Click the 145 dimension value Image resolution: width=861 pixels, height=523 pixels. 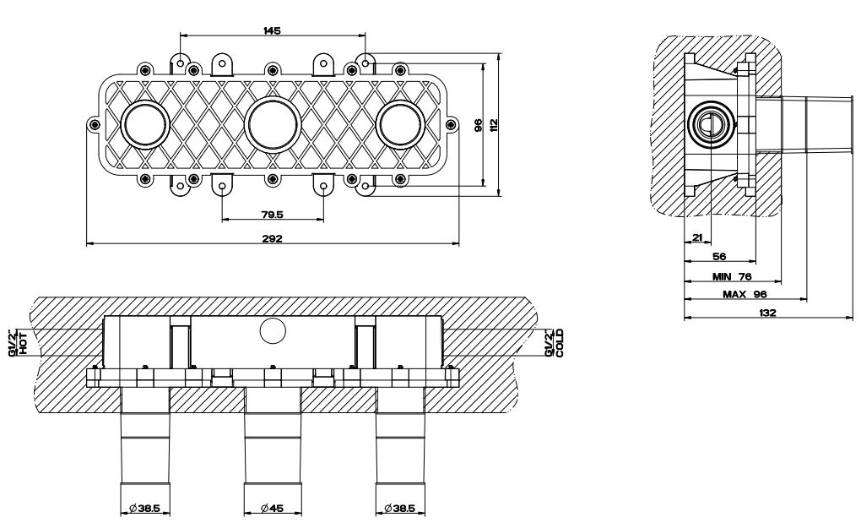272,30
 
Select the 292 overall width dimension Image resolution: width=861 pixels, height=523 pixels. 272,238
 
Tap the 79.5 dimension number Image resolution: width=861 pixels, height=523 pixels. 272,214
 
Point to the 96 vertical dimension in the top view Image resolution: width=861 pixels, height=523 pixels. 478,125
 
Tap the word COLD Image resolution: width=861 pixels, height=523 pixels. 559,343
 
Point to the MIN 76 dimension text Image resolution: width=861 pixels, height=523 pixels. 731,276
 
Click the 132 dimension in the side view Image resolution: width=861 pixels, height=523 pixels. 766,313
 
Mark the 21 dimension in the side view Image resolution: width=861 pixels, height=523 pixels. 697,238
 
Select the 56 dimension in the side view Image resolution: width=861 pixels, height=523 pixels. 719,258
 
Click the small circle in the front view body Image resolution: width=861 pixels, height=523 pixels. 273,331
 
